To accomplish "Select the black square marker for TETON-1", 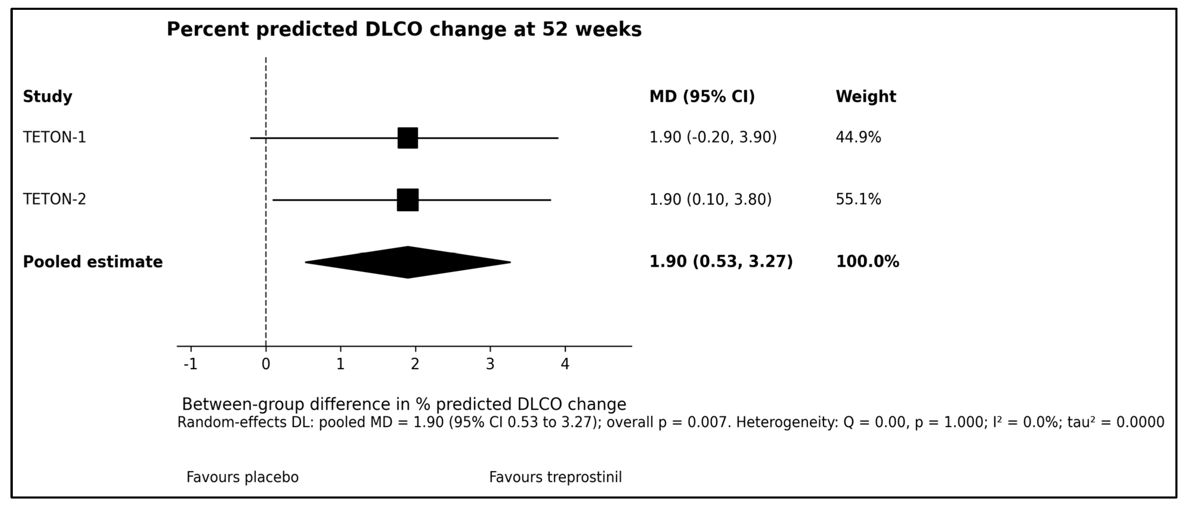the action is pyautogui.click(x=408, y=138).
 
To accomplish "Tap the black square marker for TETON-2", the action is pyautogui.click(x=408, y=200).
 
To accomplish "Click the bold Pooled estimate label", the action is pyautogui.click(x=93, y=262).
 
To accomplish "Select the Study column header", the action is pyautogui.click(x=47, y=97).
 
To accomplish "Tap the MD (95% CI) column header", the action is pyautogui.click(x=702, y=97).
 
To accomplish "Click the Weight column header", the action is pyautogui.click(x=866, y=97).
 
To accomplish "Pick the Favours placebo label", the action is pyautogui.click(x=242, y=477).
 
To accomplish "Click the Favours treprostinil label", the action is pyautogui.click(x=555, y=477).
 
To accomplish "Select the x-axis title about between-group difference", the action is pyautogui.click(x=404, y=405).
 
